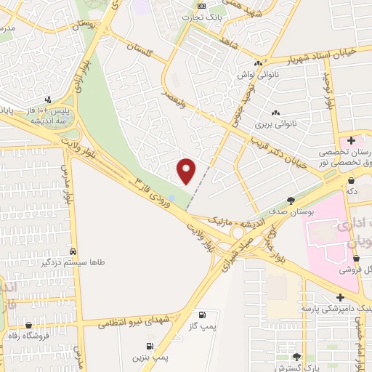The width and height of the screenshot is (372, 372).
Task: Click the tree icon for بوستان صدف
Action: pos(291,200)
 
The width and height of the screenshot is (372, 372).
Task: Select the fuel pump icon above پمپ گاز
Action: pos(201,315)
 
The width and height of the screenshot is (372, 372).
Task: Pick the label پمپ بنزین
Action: pos(150,357)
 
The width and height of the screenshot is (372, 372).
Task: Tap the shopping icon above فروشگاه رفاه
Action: pos(28,325)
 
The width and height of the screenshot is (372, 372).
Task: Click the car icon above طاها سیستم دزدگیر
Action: pos(72,248)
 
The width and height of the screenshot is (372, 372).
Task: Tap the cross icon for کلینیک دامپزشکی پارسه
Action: pos(339,296)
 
